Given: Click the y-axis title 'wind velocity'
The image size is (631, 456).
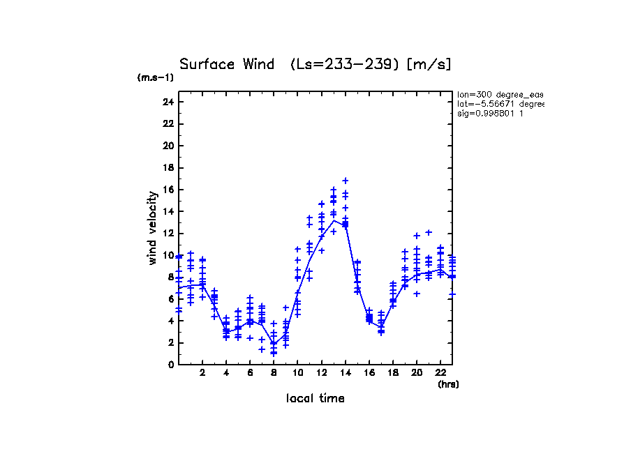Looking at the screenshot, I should [x=152, y=228].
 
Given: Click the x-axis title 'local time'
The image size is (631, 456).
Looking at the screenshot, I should [x=315, y=398].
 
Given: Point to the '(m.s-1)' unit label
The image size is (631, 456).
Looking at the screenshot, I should [x=155, y=78].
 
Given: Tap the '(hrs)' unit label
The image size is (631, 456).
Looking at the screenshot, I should [x=448, y=383].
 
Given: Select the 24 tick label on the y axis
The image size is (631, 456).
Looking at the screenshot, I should [x=168, y=102].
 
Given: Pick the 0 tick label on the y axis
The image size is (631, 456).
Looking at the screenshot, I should [x=170, y=365].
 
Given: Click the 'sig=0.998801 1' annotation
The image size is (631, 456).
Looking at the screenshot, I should [x=491, y=113].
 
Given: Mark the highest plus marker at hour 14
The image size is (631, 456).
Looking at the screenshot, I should [x=345, y=181].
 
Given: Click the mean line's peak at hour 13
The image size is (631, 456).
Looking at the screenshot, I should [x=334, y=220].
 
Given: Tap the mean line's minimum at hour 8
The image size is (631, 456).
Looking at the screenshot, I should [x=274, y=342].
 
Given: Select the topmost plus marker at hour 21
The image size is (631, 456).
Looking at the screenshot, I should [x=429, y=232].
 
